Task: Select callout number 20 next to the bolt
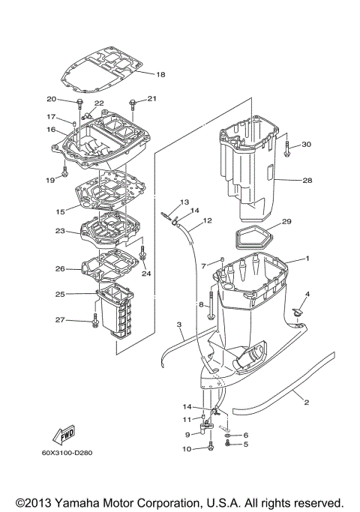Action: [x=52, y=99]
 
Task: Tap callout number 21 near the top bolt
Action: [x=151, y=99]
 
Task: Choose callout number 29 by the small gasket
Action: [x=286, y=222]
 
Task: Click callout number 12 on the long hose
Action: [x=208, y=220]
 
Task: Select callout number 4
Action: [x=306, y=293]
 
